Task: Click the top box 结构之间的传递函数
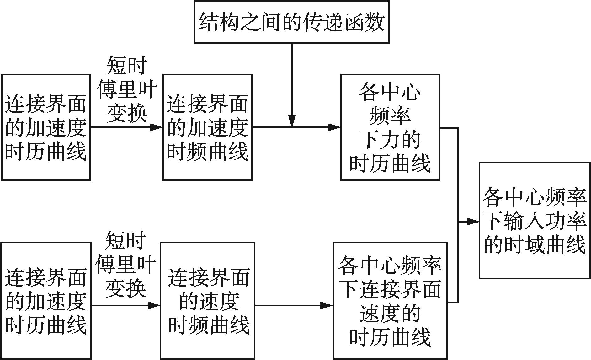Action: pyautogui.click(x=292, y=22)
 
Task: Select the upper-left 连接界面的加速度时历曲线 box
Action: pyautogui.click(x=46, y=127)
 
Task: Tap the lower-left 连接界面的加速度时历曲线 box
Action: pyautogui.click(x=46, y=301)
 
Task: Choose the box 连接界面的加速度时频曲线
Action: pyautogui.click(x=207, y=127)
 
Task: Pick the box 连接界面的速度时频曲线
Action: pyautogui.click(x=207, y=301)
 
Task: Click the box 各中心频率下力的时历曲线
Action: pyautogui.click(x=390, y=127)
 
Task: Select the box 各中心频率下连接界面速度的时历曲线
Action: pyautogui.click(x=390, y=301)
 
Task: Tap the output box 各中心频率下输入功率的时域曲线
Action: pyautogui.click(x=535, y=220)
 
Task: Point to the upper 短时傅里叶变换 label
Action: pyautogui.click(x=127, y=89)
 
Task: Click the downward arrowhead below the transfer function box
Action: pyautogui.click(x=292, y=121)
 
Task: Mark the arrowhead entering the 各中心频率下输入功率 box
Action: pyautogui.click(x=473, y=222)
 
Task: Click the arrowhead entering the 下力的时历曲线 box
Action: pyautogui.click(x=334, y=127)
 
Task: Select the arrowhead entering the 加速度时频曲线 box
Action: pyautogui.click(x=157, y=127)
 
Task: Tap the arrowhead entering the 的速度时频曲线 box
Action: pyautogui.click(x=154, y=305)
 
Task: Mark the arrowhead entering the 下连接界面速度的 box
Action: pyautogui.click(x=327, y=305)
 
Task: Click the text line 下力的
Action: pyautogui.click(x=390, y=140)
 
